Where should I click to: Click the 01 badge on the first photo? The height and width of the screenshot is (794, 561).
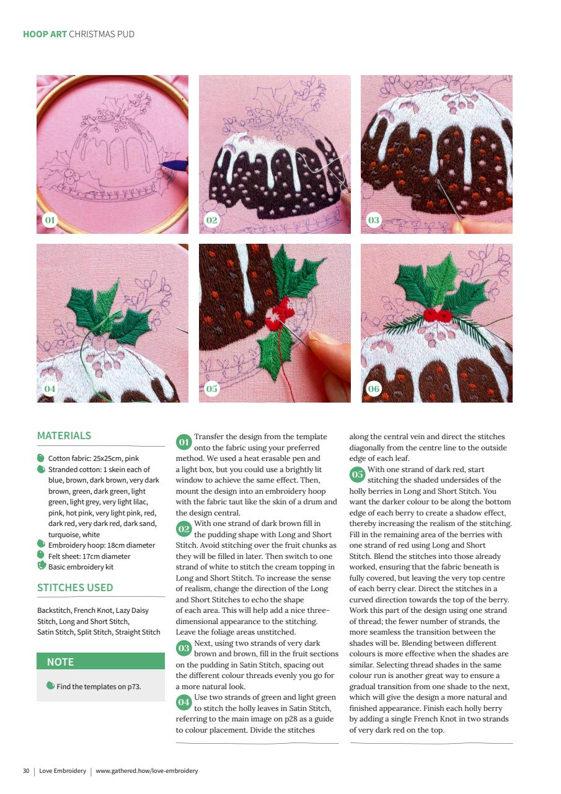(x=50, y=220)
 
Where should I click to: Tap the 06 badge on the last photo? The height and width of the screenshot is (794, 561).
(x=374, y=389)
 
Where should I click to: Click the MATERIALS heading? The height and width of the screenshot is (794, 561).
(x=64, y=435)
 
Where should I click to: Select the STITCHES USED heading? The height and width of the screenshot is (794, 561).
(x=75, y=587)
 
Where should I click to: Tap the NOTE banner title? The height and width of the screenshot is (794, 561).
(x=60, y=662)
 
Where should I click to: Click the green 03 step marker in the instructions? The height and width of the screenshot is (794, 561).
(x=184, y=648)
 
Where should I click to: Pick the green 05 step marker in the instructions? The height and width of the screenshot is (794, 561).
(x=357, y=475)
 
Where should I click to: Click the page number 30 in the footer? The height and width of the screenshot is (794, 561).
(x=26, y=771)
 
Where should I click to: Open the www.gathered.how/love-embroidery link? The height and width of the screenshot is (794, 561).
(x=147, y=771)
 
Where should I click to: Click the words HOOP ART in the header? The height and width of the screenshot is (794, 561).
(x=45, y=34)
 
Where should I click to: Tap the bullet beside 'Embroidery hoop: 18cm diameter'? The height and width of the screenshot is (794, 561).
(x=41, y=544)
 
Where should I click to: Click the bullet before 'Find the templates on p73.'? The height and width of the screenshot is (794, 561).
(x=50, y=685)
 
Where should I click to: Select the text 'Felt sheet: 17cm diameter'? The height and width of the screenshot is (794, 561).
(x=89, y=556)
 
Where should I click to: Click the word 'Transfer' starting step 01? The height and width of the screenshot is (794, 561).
(x=209, y=437)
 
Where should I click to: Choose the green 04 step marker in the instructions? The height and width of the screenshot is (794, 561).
(x=184, y=702)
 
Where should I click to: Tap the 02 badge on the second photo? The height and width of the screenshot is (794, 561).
(x=212, y=220)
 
